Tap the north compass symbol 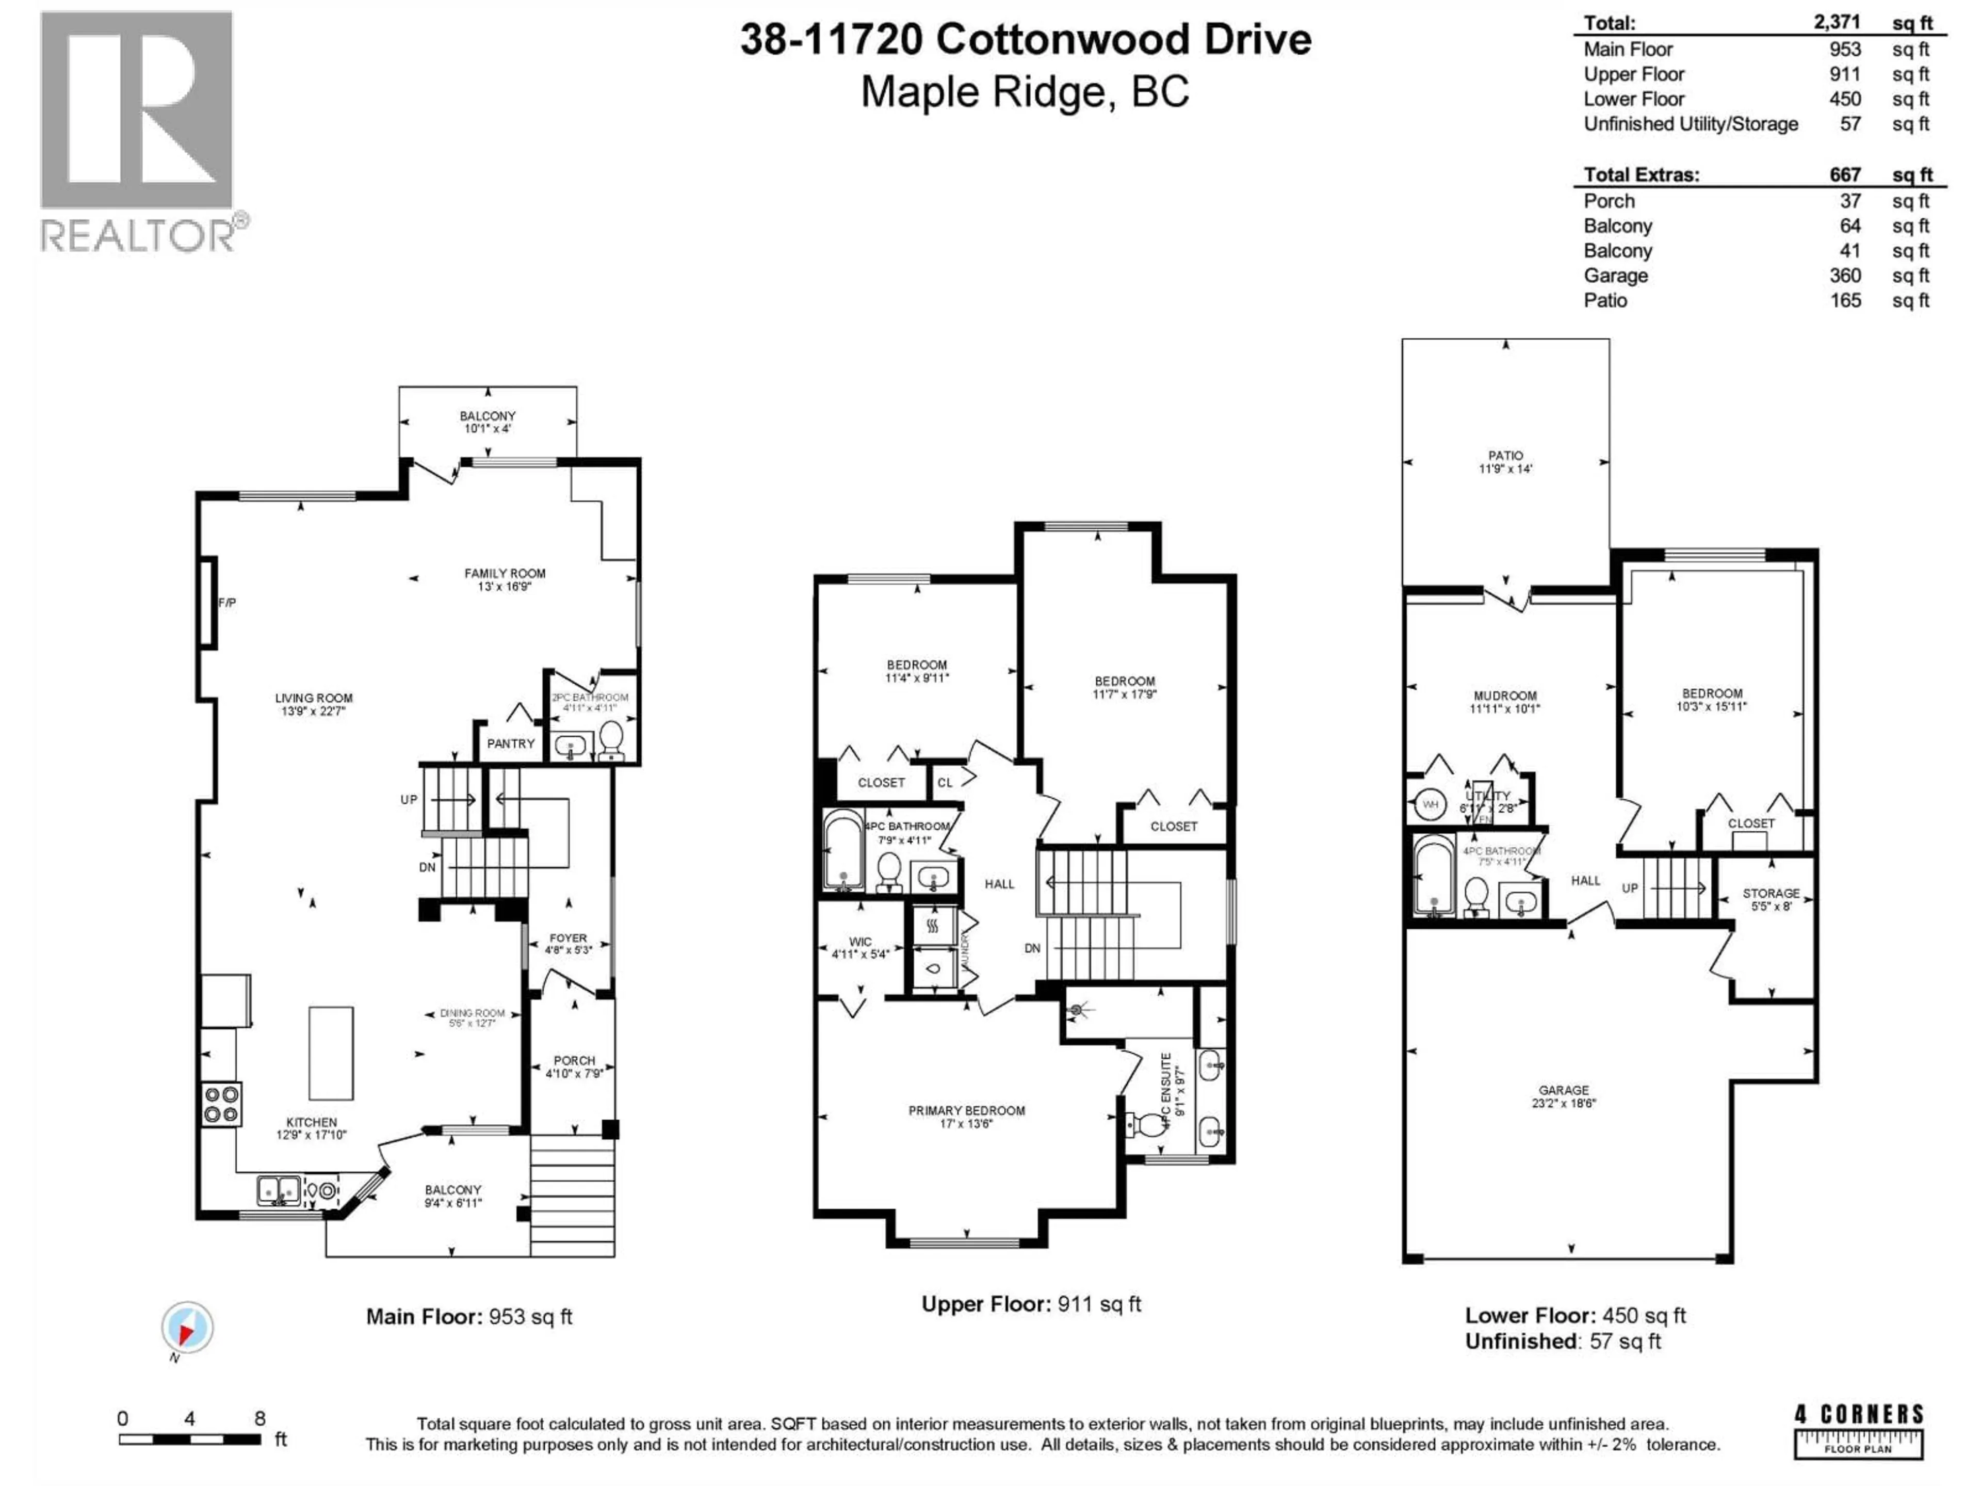pyautogui.click(x=187, y=1328)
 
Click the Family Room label pyautogui.click(x=504, y=573)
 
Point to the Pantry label pyautogui.click(x=511, y=744)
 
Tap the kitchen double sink pyautogui.click(x=279, y=1190)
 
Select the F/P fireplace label pyautogui.click(x=228, y=603)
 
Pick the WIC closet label pyautogui.click(x=860, y=942)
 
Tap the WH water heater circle pyautogui.click(x=1430, y=804)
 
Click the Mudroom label pyautogui.click(x=1504, y=696)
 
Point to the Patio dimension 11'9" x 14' pyautogui.click(x=1505, y=469)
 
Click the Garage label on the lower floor pyautogui.click(x=1564, y=1090)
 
